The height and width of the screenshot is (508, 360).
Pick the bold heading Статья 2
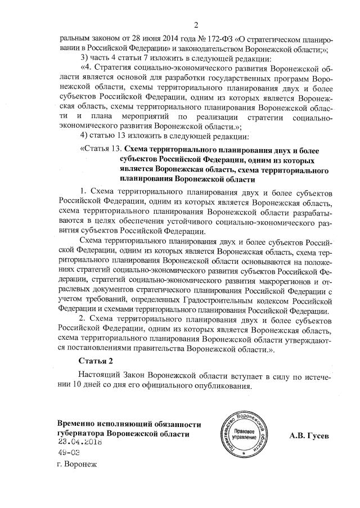coord(96,361)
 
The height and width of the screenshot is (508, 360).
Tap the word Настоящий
coord(100,375)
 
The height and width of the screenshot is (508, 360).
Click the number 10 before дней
coord(74,386)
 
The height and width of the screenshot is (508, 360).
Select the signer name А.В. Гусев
coord(309,436)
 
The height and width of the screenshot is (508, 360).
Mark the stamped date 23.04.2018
coord(80,443)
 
